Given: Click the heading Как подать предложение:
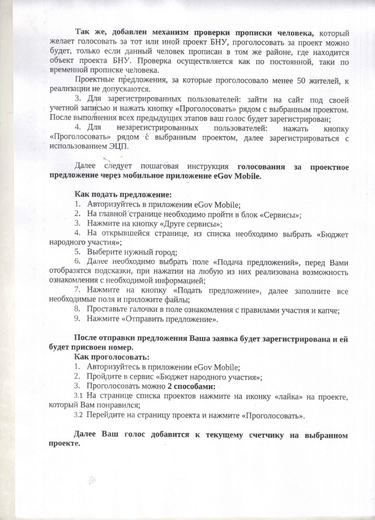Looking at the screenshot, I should [123, 195].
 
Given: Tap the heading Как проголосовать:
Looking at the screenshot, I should [111, 357].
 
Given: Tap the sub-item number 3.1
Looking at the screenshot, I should [78, 396].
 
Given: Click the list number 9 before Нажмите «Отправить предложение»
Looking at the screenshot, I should [77, 318].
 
